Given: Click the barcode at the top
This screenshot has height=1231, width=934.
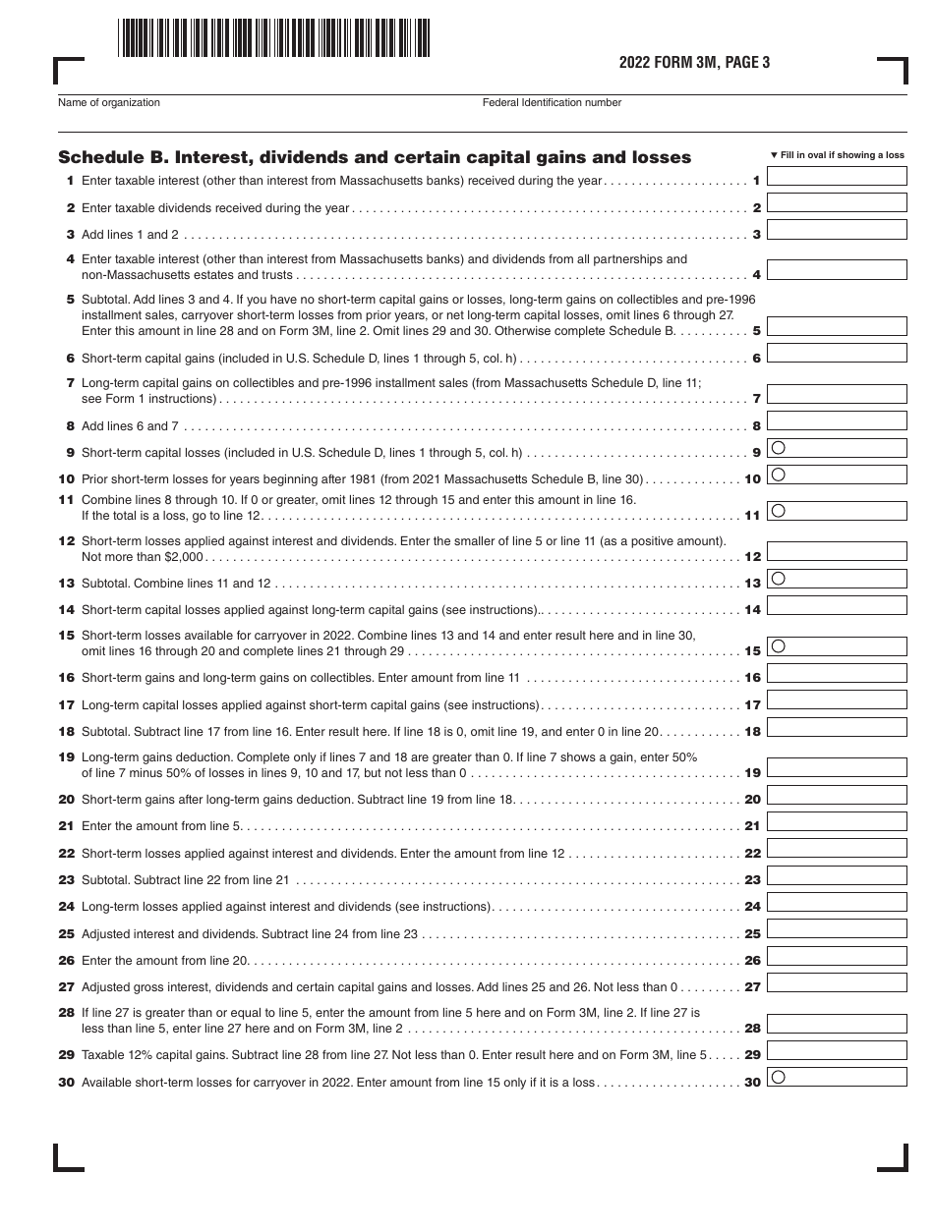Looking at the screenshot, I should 274,39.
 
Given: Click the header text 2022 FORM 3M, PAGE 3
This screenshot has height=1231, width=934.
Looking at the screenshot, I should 694,63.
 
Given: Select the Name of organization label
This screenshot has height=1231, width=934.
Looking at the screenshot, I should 109,102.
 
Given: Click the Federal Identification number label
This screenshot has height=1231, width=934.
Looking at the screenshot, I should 552,102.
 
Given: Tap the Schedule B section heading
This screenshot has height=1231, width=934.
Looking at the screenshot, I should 375,157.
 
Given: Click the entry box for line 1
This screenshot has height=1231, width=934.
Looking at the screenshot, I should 836,177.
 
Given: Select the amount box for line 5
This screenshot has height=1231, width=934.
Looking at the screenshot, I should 836,327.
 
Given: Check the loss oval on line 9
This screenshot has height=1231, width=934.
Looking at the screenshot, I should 779,447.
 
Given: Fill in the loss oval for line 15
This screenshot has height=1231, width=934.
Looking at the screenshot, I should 779,645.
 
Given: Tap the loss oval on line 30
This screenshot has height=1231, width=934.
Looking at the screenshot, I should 779,1076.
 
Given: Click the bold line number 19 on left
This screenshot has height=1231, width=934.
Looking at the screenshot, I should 66,757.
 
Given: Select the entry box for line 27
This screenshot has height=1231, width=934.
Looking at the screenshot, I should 836,982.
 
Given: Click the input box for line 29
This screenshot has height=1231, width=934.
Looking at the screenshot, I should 836,1051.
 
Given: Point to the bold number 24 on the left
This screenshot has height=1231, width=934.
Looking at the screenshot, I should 66,907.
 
